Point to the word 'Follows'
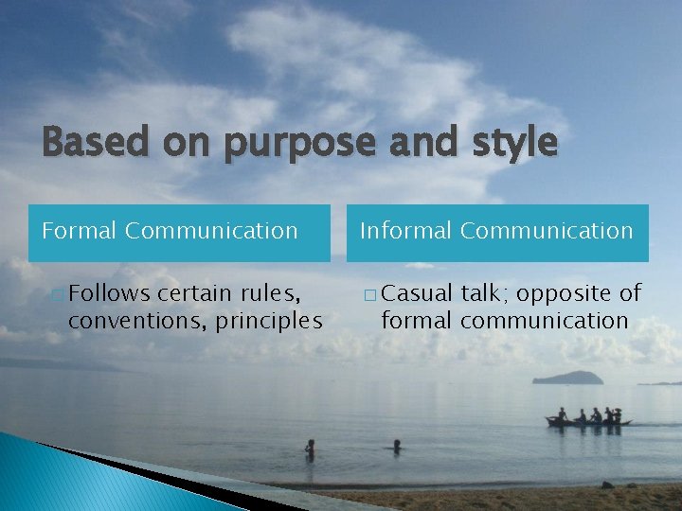coord(109,294)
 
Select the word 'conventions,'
coord(137,321)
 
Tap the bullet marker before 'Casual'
coord(369,295)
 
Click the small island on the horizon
coord(568,378)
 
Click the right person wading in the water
coord(397,446)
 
